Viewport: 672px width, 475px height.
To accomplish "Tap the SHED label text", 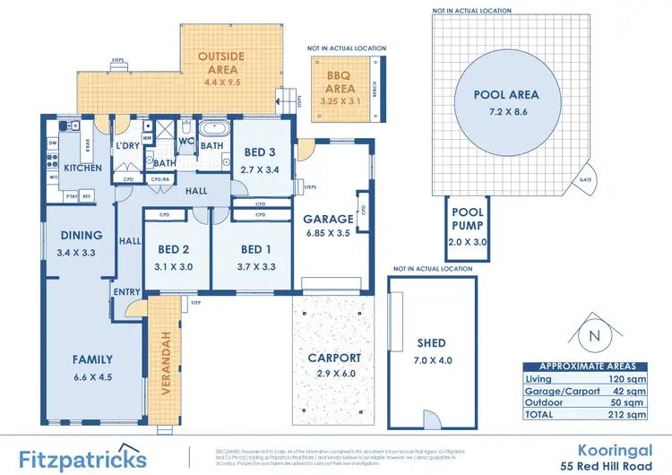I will click(x=430, y=342).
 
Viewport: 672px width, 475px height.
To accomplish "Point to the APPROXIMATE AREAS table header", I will click(x=587, y=367).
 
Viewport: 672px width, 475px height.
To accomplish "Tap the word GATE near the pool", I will click(x=586, y=179).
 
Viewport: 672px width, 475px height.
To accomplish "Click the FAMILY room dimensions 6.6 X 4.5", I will click(x=92, y=377).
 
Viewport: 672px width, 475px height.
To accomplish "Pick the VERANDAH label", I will click(x=165, y=358).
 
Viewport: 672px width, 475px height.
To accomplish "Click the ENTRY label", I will click(x=127, y=291).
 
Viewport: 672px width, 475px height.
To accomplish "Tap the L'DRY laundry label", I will click(x=125, y=146).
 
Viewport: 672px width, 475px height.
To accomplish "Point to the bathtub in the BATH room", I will click(x=212, y=129).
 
